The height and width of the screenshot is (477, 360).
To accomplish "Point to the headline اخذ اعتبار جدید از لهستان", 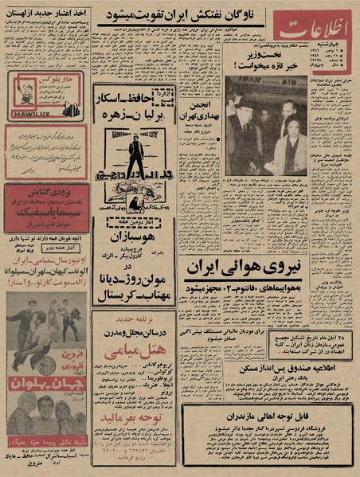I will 47,14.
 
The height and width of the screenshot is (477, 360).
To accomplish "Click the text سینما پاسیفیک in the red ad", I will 46,213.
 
